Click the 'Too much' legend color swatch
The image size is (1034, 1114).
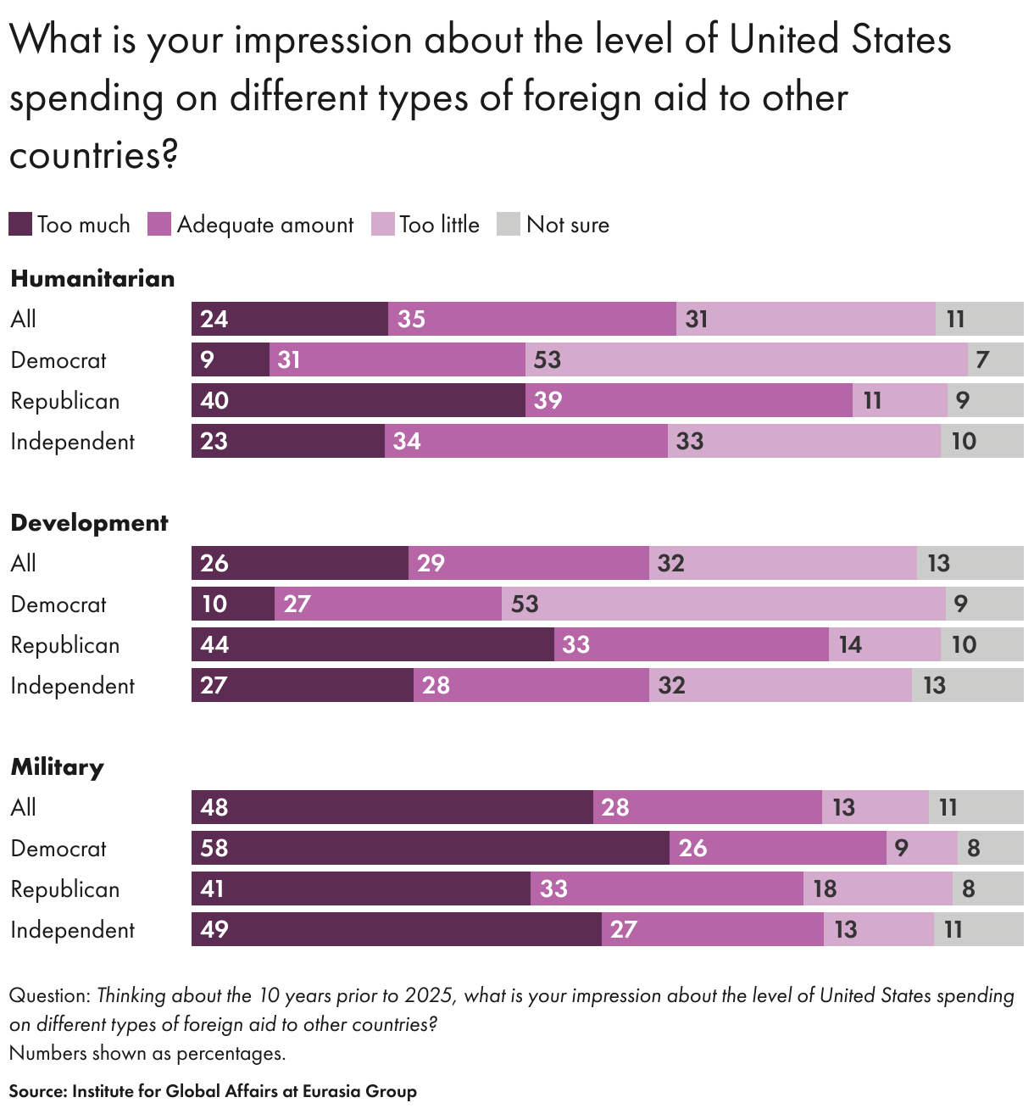[20, 225]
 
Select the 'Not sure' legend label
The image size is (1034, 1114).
[567, 225]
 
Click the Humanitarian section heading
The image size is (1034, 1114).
[92, 279]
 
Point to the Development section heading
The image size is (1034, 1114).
[89, 523]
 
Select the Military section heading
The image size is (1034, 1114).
[57, 767]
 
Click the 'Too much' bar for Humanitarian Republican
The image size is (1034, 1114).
[358, 400]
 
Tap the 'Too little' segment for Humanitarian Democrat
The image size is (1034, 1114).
[746, 359]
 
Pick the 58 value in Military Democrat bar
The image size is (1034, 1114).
[214, 848]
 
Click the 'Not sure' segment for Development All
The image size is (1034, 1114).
[970, 563]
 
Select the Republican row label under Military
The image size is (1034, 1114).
[65, 889]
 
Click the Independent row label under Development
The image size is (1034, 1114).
[72, 686]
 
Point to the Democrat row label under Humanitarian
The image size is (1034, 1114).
[58, 360]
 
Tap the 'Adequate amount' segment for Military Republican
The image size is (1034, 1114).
[666, 888]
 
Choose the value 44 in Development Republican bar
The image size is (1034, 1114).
[214, 644]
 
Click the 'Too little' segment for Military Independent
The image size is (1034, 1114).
[878, 929]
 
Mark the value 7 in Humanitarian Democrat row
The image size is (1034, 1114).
[982, 359]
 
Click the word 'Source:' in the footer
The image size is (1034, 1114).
[37, 1091]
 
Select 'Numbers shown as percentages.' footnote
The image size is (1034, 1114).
[147, 1054]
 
